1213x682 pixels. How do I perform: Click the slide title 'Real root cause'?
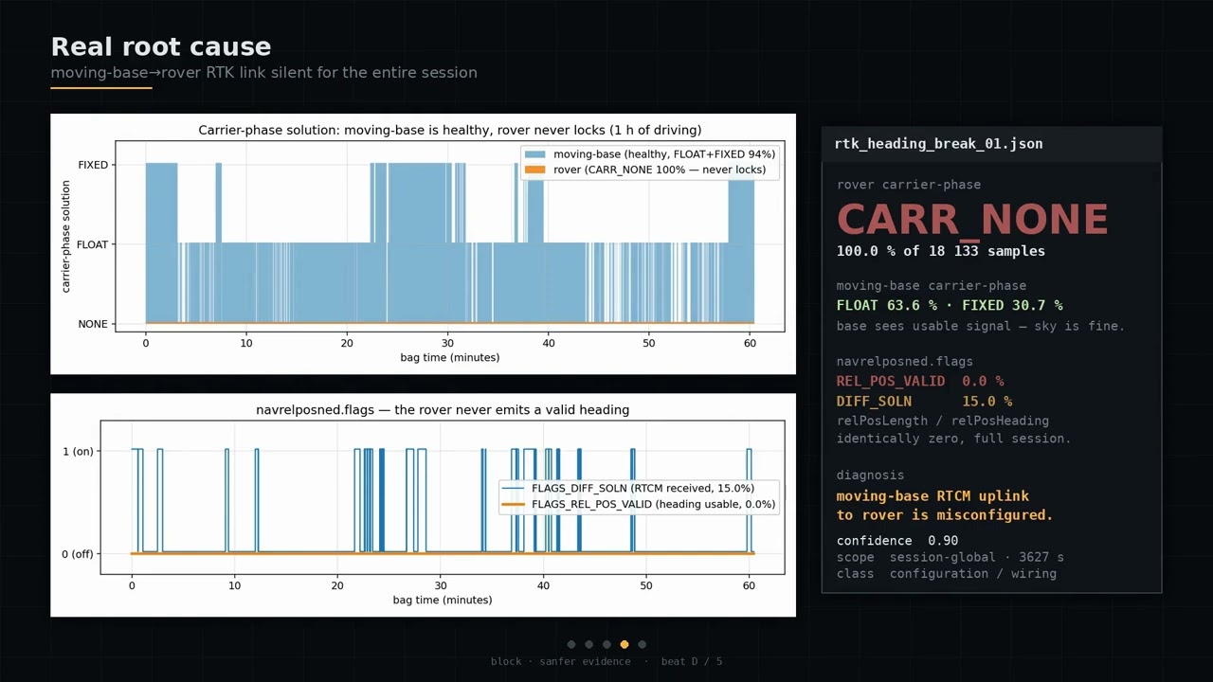[x=161, y=47]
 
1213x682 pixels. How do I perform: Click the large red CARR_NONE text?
[x=972, y=219]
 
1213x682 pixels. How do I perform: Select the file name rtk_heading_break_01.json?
[x=938, y=144]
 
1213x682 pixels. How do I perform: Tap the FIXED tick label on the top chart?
[x=93, y=165]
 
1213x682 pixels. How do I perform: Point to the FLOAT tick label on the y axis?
[x=92, y=244]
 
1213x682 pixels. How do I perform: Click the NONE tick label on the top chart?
[x=93, y=324]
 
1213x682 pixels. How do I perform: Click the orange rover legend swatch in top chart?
[x=535, y=170]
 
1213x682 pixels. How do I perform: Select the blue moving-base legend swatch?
[x=535, y=154]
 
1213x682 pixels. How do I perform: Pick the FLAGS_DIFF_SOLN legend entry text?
[x=643, y=488]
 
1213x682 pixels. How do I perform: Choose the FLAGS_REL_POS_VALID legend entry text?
[x=654, y=505]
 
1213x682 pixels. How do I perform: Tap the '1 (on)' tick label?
[x=78, y=452]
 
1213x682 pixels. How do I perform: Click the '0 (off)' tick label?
[x=78, y=554]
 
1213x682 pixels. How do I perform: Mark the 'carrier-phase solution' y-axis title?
[x=65, y=237]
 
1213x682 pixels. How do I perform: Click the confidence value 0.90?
[x=943, y=541]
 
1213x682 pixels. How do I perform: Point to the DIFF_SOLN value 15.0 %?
[x=987, y=402]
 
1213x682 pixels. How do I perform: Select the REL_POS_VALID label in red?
[x=891, y=382]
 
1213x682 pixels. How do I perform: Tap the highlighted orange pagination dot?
[x=625, y=645]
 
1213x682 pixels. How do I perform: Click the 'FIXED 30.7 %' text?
[x=1012, y=306]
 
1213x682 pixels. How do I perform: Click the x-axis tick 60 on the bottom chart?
[x=749, y=585]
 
